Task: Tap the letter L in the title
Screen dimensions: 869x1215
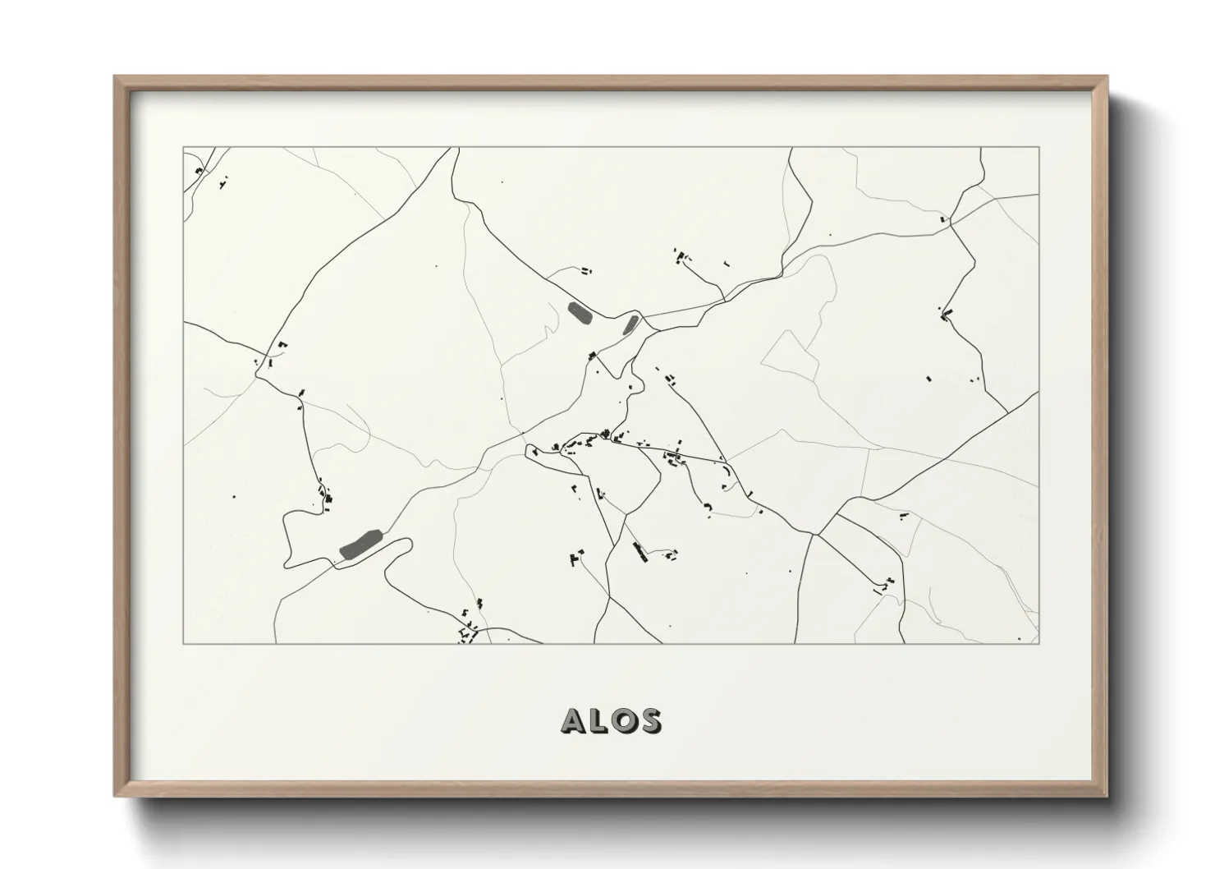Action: point(598,720)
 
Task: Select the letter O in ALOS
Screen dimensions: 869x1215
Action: point(623,720)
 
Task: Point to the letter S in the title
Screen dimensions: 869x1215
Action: point(649,720)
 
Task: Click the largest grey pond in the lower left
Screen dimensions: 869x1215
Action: point(360,544)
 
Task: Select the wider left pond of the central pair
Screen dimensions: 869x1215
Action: point(579,312)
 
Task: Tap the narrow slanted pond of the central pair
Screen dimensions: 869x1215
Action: point(630,324)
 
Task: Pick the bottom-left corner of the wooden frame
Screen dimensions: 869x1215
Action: point(115,796)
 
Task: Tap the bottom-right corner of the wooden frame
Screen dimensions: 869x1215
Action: point(1107,796)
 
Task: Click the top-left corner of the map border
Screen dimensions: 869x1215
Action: point(183,148)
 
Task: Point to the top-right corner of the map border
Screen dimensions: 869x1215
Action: point(1039,148)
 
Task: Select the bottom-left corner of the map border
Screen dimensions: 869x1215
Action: point(183,643)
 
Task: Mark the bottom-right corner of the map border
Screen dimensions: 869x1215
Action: point(1039,643)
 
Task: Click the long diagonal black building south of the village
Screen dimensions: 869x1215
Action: point(639,551)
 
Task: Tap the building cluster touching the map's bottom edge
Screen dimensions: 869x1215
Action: point(468,633)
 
